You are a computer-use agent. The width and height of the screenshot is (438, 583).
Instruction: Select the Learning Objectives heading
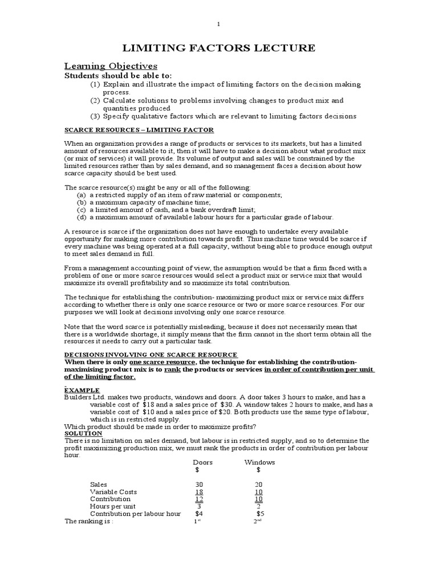click(111, 66)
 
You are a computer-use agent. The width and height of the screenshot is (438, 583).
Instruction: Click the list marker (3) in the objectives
click(95, 116)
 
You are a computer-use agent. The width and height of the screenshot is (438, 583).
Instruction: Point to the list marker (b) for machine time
click(82, 202)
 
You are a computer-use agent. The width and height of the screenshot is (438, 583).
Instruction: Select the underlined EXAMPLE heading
click(82, 389)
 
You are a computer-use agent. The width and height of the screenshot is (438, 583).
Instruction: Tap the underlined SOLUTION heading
click(83, 433)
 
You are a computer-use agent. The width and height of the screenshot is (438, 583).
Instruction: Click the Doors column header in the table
click(202, 462)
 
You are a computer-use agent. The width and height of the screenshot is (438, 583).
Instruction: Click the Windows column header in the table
click(259, 462)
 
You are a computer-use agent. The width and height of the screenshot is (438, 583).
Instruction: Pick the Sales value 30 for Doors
click(199, 484)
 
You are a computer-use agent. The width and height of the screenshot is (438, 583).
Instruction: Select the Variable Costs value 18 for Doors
click(199, 491)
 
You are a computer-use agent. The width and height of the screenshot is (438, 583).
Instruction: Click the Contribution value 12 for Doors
click(199, 499)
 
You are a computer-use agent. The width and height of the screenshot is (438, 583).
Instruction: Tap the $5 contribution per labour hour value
click(260, 513)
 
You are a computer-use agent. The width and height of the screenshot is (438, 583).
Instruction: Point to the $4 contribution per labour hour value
click(199, 513)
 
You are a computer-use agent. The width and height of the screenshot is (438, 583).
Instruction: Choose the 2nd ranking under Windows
click(257, 521)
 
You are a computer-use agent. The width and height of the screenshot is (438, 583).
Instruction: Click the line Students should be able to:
click(117, 76)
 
